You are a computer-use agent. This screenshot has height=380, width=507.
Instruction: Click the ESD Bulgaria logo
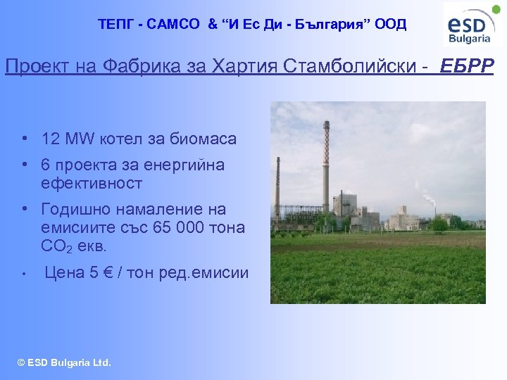tap(473, 25)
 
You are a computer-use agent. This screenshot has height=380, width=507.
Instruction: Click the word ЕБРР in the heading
tap(467, 66)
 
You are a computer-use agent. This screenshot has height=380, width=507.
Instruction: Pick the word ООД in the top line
tap(391, 24)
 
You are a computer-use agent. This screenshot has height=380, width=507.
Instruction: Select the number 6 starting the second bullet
tap(46, 165)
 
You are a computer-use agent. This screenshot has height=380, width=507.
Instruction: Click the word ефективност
tap(92, 184)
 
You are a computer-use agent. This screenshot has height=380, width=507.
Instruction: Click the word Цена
tap(62, 272)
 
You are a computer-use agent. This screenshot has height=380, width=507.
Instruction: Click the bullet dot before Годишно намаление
tap(25, 210)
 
